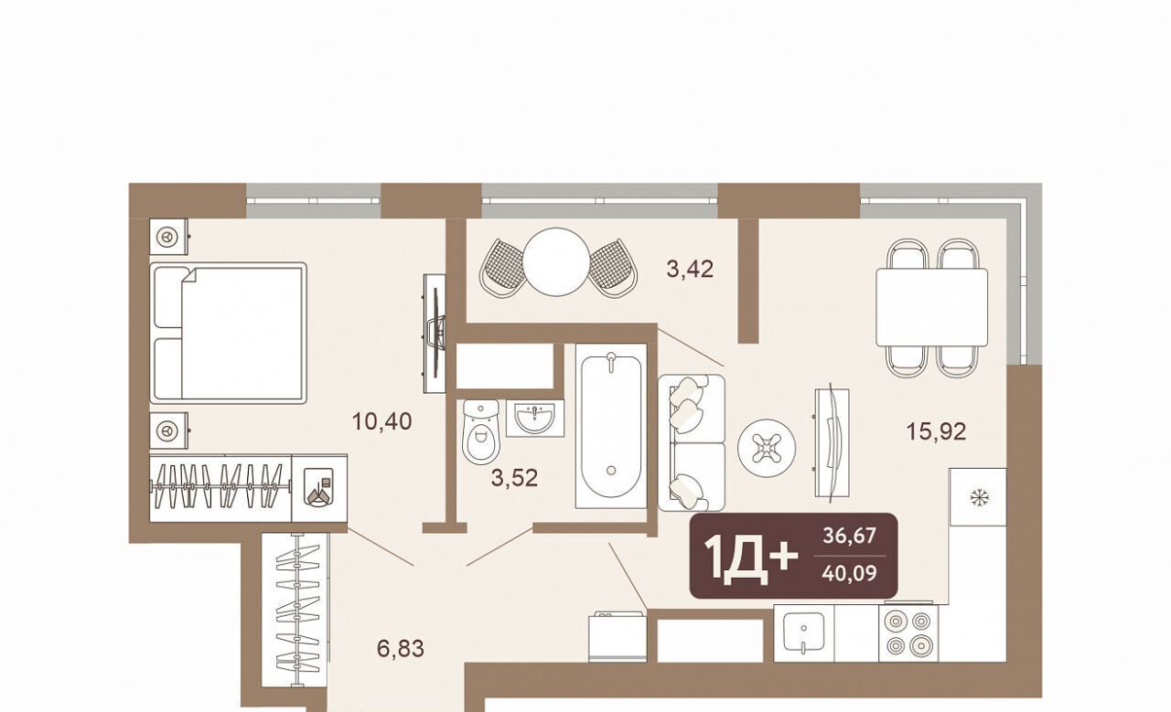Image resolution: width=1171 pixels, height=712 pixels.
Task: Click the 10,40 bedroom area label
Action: [382, 421]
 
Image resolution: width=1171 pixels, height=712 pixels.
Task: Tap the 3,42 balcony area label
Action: [690, 269]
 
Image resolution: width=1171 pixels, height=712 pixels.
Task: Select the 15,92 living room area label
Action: [936, 431]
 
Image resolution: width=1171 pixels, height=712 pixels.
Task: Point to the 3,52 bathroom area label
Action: [514, 477]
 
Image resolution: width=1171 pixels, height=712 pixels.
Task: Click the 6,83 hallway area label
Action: [401, 648]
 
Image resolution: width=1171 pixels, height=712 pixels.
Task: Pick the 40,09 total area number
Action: [850, 574]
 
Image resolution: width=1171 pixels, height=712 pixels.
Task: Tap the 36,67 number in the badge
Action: [850, 536]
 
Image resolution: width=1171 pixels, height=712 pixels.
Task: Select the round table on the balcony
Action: [557, 261]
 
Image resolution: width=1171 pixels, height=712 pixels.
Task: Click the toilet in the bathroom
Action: [481, 432]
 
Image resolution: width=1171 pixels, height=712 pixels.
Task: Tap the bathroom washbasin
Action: [535, 418]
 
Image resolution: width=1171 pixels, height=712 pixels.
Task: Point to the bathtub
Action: [611, 426]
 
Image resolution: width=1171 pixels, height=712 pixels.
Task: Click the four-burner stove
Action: [909, 633]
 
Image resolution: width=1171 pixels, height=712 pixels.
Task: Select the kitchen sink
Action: [804, 633]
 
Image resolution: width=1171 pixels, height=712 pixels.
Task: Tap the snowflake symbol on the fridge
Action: [976, 496]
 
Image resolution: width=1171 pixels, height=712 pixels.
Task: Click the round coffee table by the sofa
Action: [767, 448]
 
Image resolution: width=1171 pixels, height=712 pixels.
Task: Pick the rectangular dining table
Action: [932, 307]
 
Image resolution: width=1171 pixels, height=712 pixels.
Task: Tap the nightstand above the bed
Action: [168, 237]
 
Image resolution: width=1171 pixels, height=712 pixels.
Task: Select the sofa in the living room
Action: [692, 442]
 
